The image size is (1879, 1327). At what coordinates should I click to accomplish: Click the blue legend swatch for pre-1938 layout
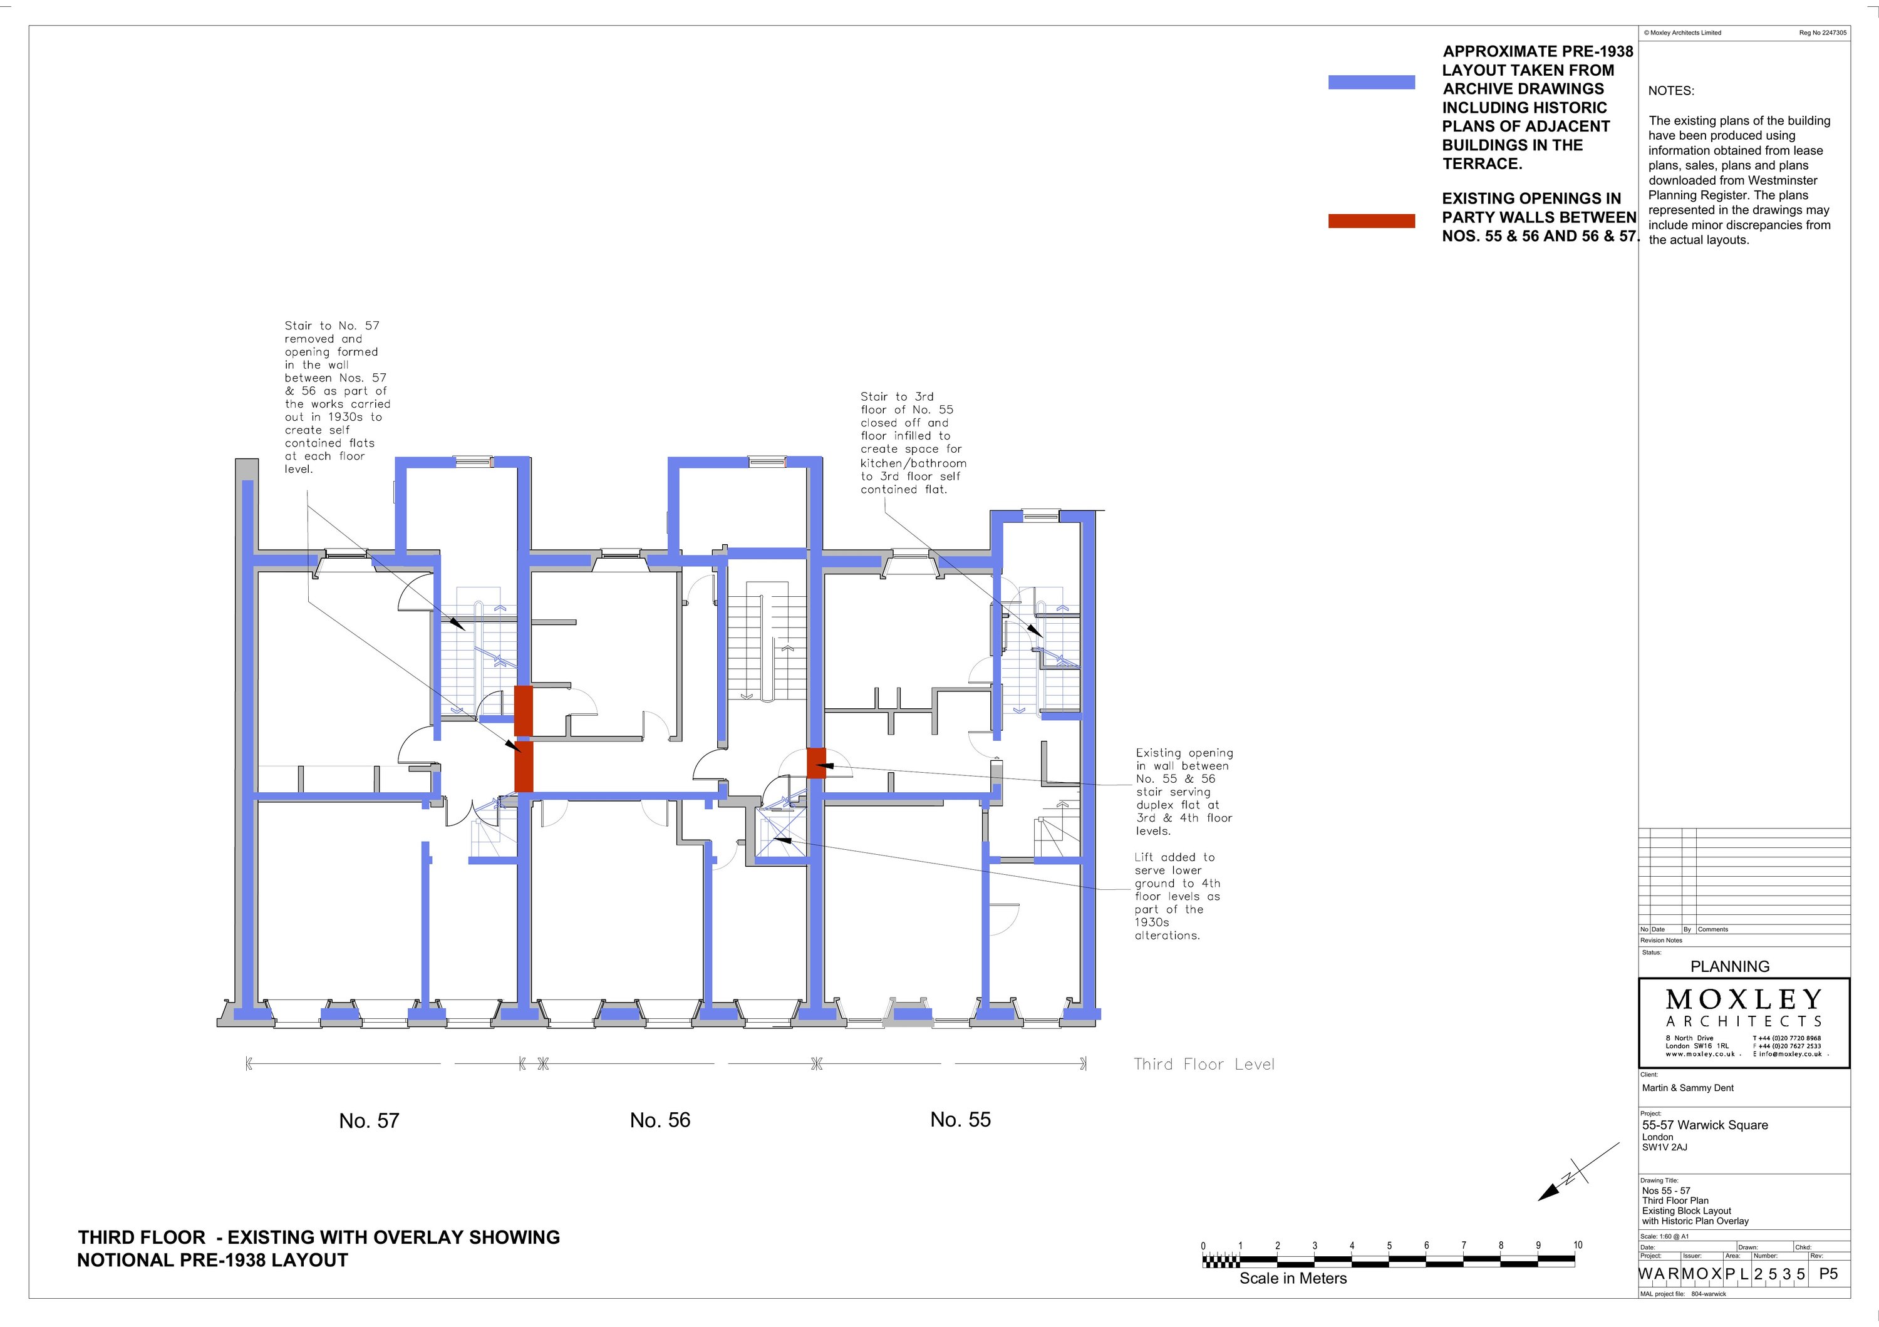coord(1371,82)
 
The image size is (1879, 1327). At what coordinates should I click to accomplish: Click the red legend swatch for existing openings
coord(1371,221)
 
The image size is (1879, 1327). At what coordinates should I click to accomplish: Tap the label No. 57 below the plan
coord(369,1121)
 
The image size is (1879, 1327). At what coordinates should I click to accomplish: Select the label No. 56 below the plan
coord(660,1120)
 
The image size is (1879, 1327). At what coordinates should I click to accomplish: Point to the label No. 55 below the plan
coord(960,1119)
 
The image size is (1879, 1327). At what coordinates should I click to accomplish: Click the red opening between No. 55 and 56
coord(816,763)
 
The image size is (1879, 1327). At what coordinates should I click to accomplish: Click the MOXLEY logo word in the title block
coord(1743,999)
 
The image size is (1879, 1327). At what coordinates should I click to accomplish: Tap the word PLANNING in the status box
coord(1730,966)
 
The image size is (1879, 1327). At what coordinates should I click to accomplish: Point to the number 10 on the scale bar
coord(1577,1244)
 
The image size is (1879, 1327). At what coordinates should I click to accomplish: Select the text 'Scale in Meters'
coord(1293,1278)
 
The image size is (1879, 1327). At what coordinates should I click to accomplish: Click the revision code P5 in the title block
coord(1828,1274)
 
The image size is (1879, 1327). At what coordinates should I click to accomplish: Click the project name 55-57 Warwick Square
coord(1705,1125)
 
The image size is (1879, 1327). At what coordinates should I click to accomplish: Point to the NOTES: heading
coord(1671,91)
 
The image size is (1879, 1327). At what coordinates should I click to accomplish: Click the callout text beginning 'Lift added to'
coord(1177,896)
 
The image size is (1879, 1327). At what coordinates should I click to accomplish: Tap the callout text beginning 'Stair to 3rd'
coord(913,443)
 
